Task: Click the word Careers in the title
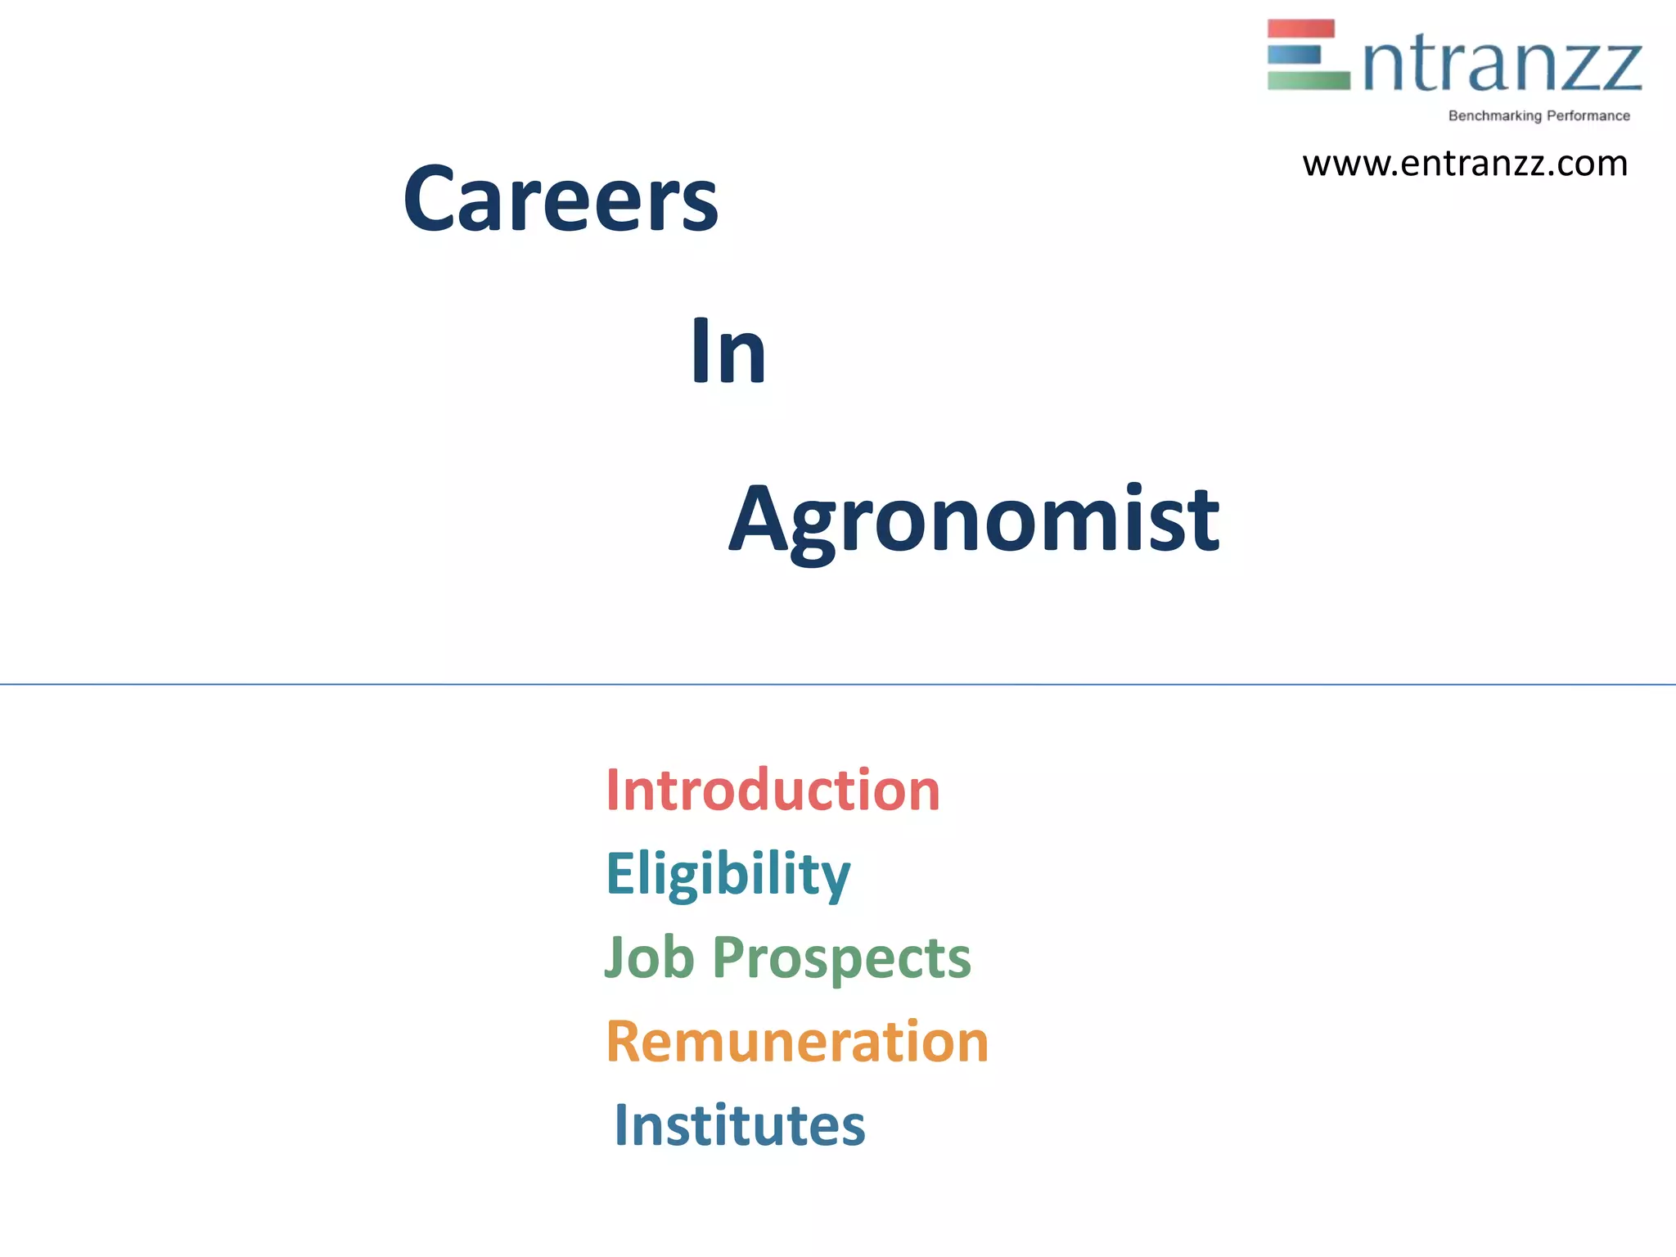[x=561, y=199]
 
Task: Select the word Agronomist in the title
[x=974, y=520]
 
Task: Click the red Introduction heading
[x=773, y=791]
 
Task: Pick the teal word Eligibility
[x=728, y=874]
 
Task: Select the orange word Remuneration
[x=797, y=1042]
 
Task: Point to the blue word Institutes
[x=739, y=1125]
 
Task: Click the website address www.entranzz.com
[x=1465, y=164]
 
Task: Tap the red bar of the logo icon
[x=1300, y=29]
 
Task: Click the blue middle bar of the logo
[x=1294, y=55]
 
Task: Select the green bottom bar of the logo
[x=1308, y=80]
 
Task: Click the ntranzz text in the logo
[x=1502, y=65]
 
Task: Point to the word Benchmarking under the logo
[x=1494, y=116]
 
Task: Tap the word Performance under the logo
[x=1588, y=116]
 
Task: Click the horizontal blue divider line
[x=838, y=684]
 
